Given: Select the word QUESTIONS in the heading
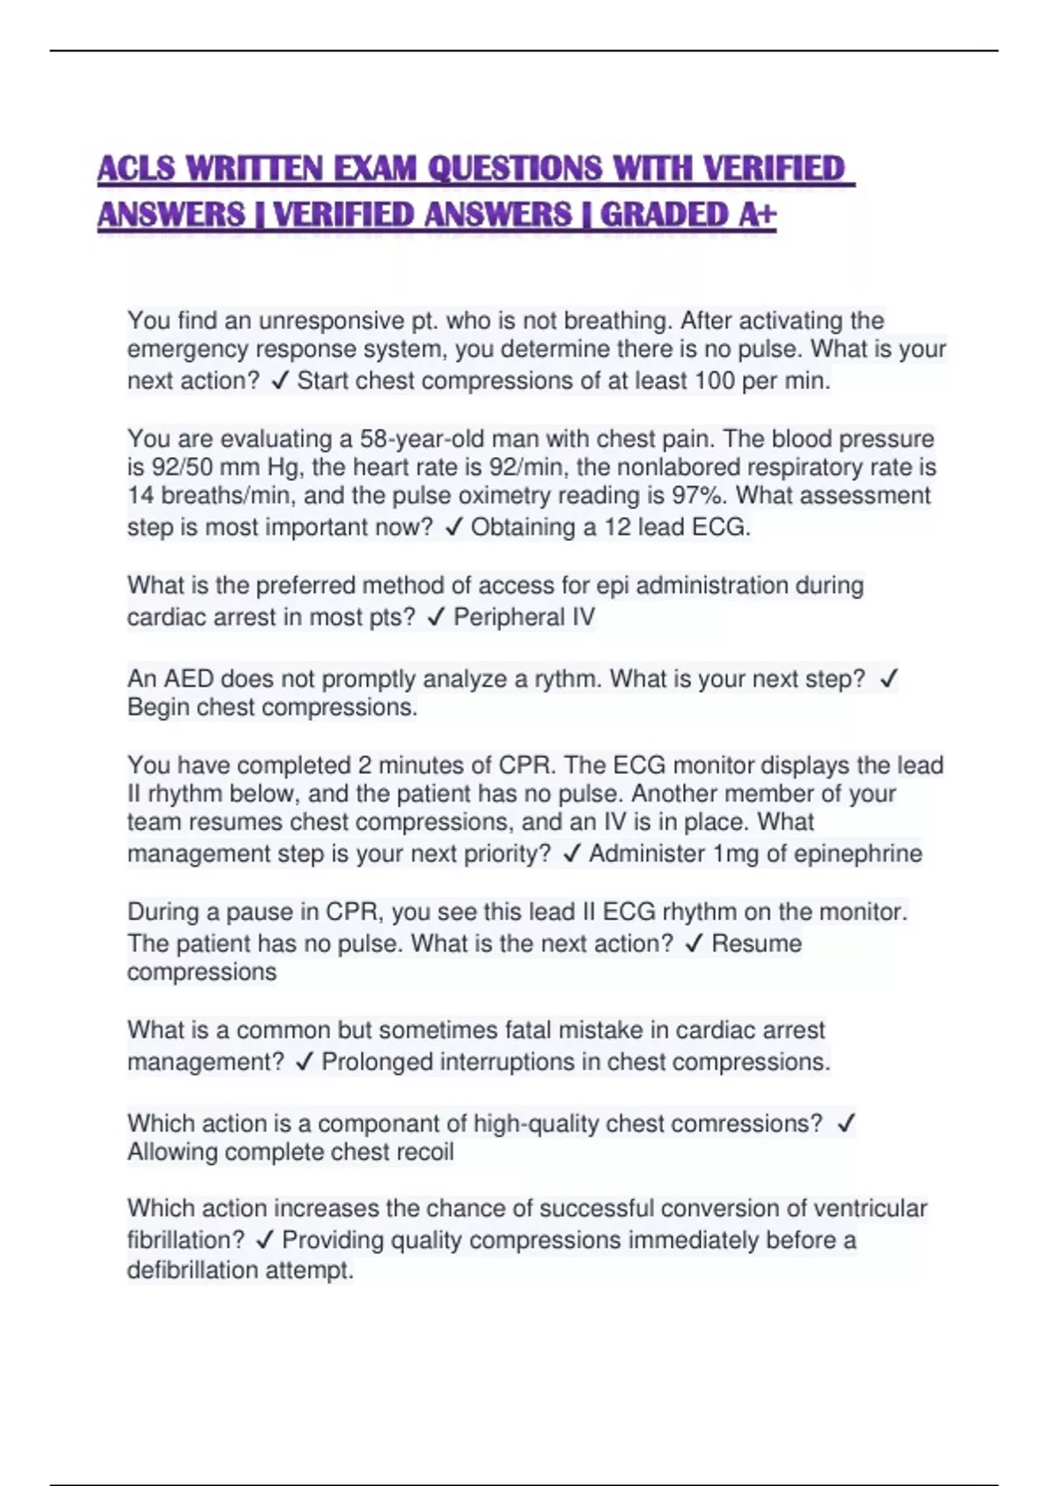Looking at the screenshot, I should point(515,169).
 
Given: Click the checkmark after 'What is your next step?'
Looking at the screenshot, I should point(888,679).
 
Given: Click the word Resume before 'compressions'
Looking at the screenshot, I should point(756,944).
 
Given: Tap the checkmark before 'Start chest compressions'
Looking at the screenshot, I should point(280,381).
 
